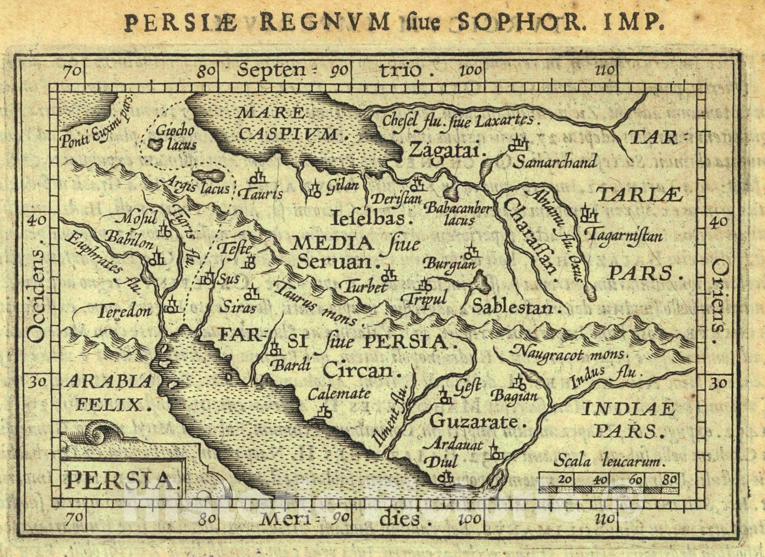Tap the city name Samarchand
(555, 162)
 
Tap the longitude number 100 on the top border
(471, 71)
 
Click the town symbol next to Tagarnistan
(589, 215)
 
